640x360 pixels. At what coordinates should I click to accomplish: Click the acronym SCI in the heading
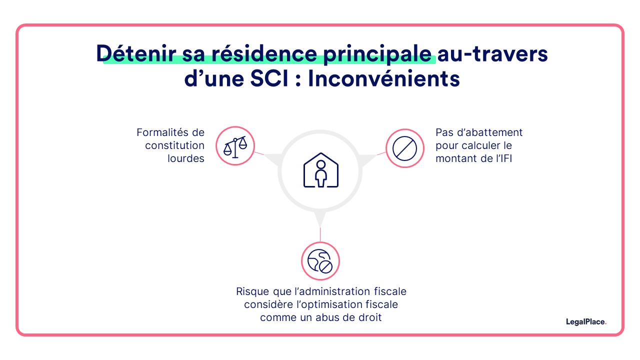(x=273, y=79)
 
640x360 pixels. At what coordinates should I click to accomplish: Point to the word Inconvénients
(x=383, y=79)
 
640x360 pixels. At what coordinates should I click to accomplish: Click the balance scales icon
(x=235, y=146)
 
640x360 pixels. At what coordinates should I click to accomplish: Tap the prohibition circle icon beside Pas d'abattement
(x=405, y=148)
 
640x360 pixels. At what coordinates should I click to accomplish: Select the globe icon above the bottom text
(x=320, y=261)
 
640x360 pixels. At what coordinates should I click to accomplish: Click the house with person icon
(x=320, y=170)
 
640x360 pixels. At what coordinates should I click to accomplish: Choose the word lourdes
(x=186, y=159)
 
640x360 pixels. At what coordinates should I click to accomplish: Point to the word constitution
(x=175, y=146)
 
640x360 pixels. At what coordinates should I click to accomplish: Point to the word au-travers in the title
(x=493, y=54)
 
